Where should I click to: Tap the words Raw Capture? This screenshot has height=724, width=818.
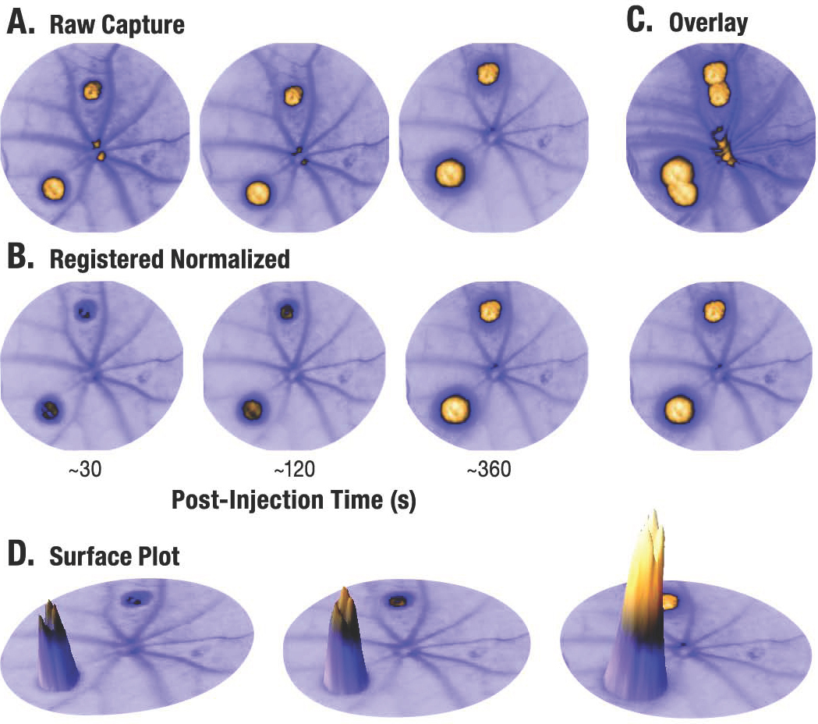[x=117, y=25]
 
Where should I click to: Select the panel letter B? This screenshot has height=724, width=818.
[x=19, y=259]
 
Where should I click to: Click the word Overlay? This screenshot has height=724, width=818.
[x=708, y=23]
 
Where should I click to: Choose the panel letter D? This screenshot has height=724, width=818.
[x=19, y=556]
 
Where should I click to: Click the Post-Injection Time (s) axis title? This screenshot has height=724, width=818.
[x=292, y=501]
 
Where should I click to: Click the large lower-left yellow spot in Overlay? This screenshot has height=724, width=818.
[x=676, y=181]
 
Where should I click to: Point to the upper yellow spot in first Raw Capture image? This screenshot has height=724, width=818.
[x=92, y=90]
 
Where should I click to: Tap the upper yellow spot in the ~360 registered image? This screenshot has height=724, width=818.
[x=489, y=311]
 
